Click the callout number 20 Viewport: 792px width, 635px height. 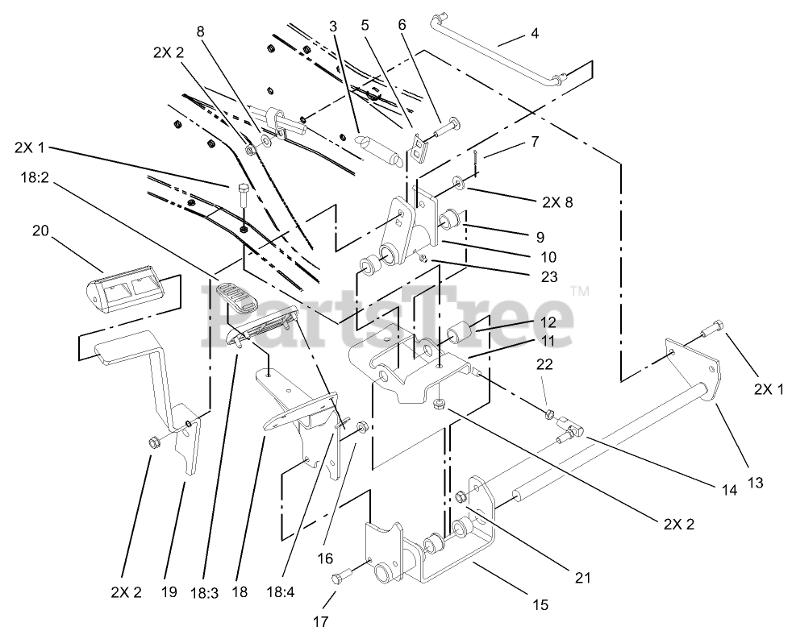[40, 231]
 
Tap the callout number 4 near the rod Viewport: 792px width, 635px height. [534, 33]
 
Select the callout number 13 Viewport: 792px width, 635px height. [755, 483]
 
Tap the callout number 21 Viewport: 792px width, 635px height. [583, 576]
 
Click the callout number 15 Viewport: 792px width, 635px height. [539, 604]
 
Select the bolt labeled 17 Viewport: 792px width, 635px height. [342, 575]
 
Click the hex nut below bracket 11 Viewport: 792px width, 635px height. [440, 402]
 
